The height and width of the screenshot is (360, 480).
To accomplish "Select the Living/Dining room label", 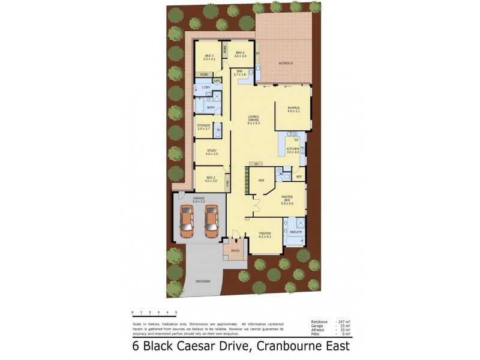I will click(x=253, y=118).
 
